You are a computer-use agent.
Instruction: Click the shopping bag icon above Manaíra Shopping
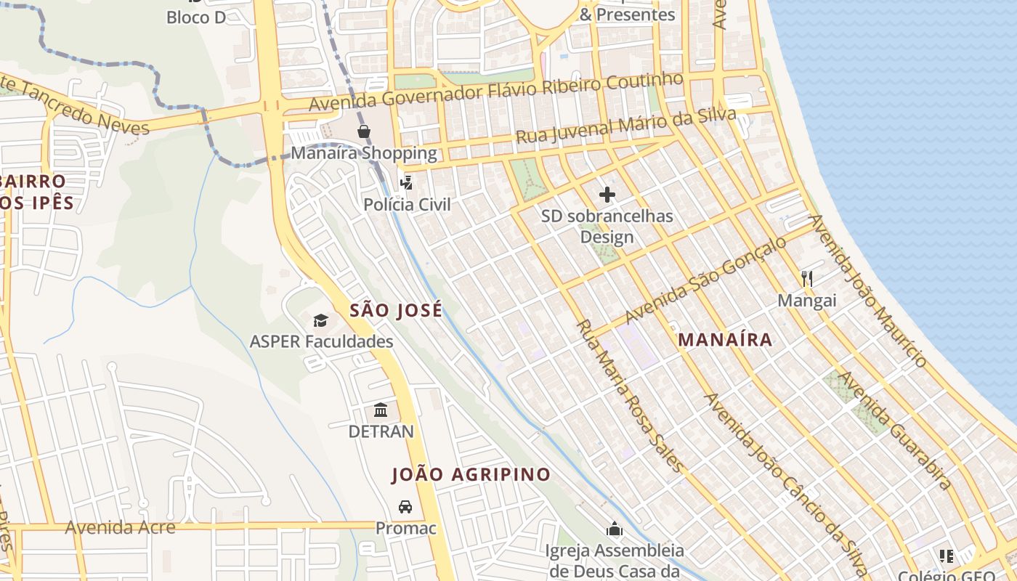click(363, 131)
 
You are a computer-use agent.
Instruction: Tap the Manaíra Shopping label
click(364, 153)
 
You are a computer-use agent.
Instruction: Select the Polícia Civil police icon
click(407, 182)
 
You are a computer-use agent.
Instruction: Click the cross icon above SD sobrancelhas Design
click(607, 194)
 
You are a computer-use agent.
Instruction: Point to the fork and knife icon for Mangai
click(806, 278)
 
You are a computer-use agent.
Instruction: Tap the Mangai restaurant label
click(806, 300)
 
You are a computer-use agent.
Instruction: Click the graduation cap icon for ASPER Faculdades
click(320, 320)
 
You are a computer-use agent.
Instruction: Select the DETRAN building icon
click(381, 410)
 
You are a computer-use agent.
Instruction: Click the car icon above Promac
click(405, 506)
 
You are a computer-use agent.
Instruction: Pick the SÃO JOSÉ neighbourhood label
click(395, 311)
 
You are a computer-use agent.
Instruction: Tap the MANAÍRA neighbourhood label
click(724, 340)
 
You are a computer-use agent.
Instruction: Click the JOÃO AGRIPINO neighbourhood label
click(471, 475)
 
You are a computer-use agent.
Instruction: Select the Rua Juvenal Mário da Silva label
click(625, 126)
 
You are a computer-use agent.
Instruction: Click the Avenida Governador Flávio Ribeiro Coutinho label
click(495, 91)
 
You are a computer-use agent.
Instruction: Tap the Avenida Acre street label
click(120, 527)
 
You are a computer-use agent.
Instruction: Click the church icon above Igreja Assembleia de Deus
click(615, 529)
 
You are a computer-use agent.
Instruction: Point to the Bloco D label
click(196, 17)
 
